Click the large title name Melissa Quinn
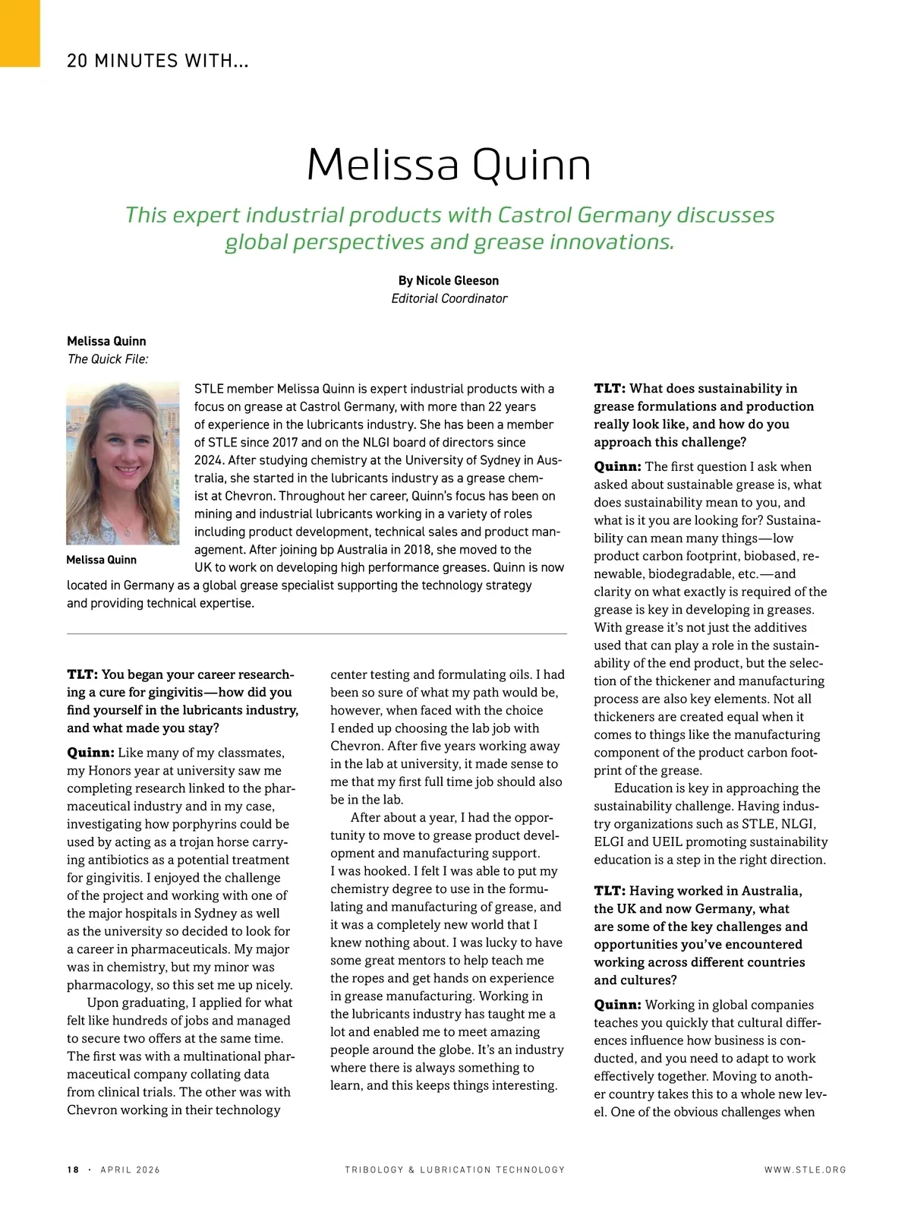449,164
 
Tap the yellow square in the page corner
20,33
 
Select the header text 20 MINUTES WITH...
157,61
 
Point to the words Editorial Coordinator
449,298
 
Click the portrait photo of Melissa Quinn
123,463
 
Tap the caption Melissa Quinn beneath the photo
101,560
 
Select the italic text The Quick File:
107,359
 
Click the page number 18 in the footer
73,1170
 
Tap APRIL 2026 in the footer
131,1170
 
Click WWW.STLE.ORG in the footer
805,1170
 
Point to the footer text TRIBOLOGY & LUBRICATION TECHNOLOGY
455,1170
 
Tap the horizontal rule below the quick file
317,633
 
